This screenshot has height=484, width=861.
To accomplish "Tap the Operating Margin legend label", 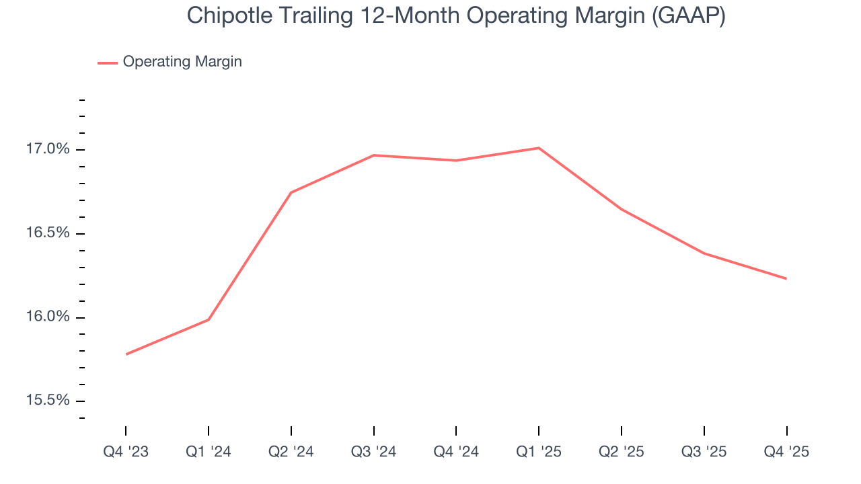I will click(x=182, y=62).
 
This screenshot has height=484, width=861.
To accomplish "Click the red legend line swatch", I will click(x=108, y=63).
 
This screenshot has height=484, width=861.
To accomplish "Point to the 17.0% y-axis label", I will click(x=48, y=149).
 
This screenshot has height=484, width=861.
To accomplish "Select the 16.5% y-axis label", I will click(x=48, y=233).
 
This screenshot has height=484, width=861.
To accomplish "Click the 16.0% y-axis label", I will click(x=48, y=317).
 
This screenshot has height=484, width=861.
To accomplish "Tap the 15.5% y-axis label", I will click(x=48, y=401).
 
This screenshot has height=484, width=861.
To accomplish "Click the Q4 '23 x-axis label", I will click(x=126, y=452).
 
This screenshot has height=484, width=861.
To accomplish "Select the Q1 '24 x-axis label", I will click(x=209, y=452).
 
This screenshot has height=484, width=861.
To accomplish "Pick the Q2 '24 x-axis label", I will click(x=291, y=452).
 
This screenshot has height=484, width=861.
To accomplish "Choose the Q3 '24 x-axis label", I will click(x=373, y=452).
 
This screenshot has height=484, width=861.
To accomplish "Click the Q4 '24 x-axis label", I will click(x=456, y=452).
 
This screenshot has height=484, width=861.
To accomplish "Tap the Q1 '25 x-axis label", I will click(x=539, y=452).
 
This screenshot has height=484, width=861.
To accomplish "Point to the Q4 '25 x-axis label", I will click(x=786, y=452).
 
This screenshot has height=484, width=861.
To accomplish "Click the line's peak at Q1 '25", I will click(x=539, y=148).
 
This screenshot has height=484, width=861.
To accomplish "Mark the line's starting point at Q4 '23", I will click(x=126, y=354).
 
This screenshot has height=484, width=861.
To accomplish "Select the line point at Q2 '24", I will click(x=291, y=192).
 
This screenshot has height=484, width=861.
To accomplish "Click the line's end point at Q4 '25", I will click(x=786, y=278).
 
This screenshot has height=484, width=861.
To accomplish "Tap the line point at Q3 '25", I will click(x=704, y=253).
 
